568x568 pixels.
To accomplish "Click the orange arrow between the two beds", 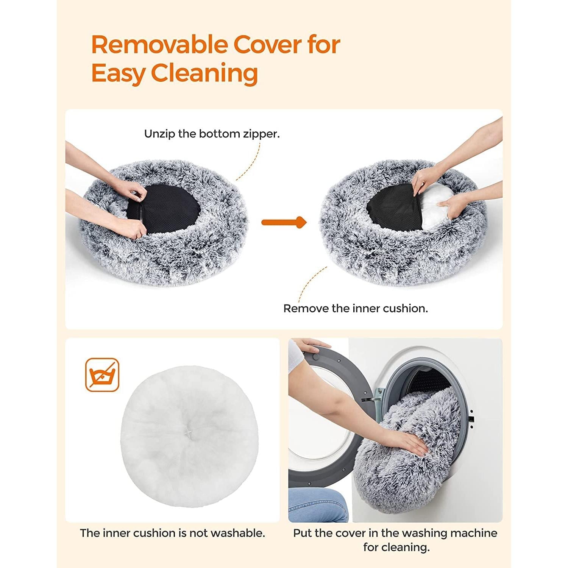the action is [284, 222].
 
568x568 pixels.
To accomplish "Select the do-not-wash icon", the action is [102, 375].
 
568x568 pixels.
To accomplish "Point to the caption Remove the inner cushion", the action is [356, 309].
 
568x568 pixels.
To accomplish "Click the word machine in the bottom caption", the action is [475, 533].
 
